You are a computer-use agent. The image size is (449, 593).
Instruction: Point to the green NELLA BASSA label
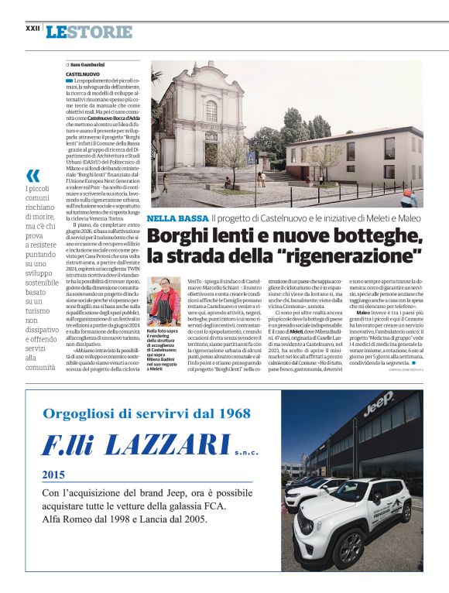point(177,219)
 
